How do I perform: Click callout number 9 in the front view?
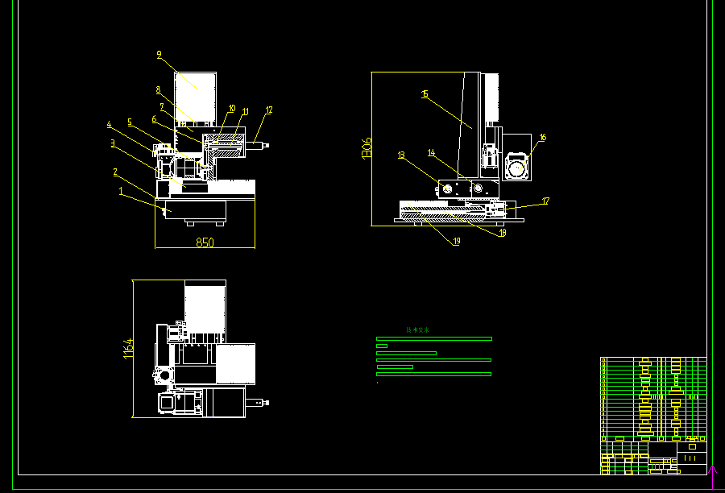159,55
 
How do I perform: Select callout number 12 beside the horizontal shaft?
269,110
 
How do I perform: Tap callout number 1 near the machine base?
121,192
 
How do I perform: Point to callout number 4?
110,124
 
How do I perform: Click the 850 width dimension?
205,242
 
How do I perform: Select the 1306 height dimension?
367,147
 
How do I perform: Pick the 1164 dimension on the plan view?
126,349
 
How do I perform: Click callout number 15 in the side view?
424,94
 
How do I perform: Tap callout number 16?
542,138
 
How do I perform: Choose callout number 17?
545,201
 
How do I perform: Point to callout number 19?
457,241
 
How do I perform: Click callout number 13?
400,155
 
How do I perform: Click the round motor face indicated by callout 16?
516,168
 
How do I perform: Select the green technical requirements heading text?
417,330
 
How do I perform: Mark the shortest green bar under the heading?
382,346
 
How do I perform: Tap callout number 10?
231,108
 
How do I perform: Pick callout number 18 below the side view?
502,233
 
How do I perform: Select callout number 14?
431,152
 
